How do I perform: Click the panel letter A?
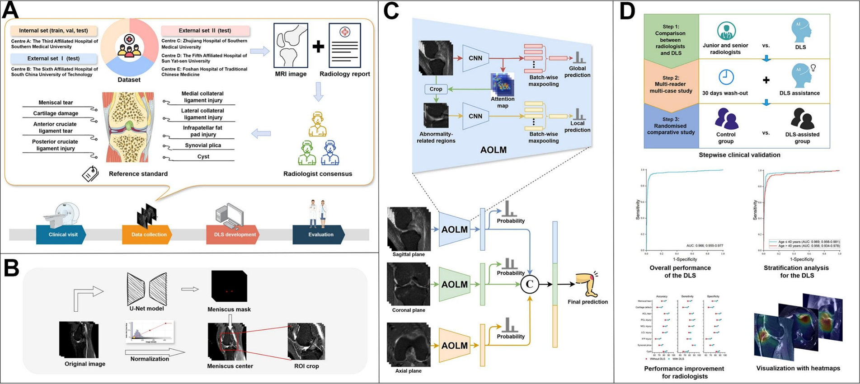[11, 10]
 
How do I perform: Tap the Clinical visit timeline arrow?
[61, 234]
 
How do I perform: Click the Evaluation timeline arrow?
[320, 234]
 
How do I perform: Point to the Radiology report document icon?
[344, 45]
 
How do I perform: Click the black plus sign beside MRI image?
[318, 47]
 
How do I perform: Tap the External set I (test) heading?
[53, 58]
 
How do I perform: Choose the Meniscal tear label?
[56, 103]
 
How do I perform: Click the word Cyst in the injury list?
[203, 156]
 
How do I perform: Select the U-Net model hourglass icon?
[146, 289]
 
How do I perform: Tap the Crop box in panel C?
[436, 89]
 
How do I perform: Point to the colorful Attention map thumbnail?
[502, 84]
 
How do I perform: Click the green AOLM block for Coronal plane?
[455, 285]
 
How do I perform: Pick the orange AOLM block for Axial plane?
[455, 346]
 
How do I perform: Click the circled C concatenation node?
[529, 284]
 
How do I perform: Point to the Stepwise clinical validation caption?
[739, 155]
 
